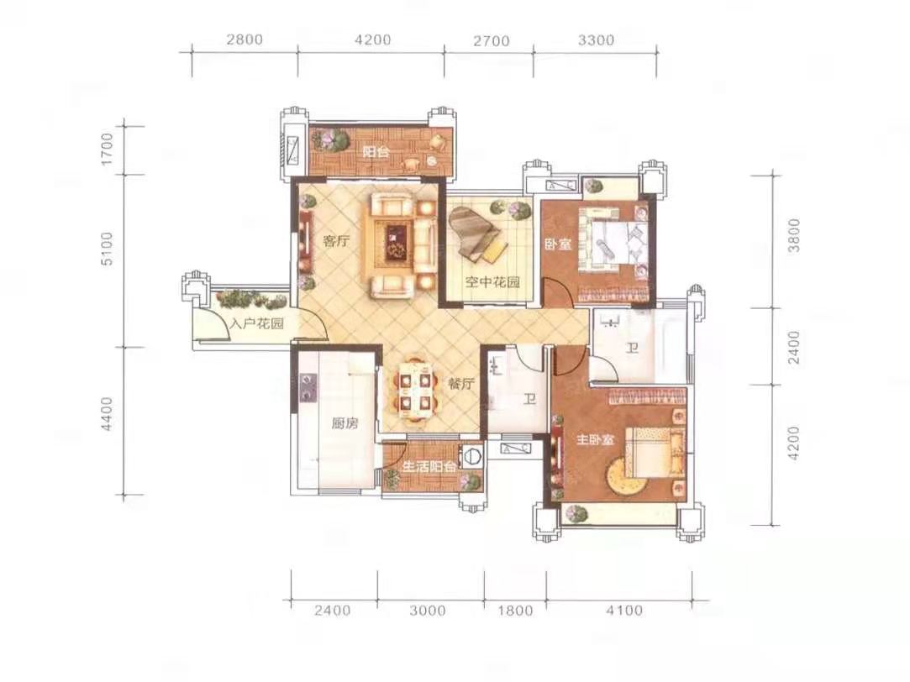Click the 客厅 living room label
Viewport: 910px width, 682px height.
pos(337,241)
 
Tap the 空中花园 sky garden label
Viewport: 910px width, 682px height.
pos(492,282)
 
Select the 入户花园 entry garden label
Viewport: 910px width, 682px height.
pos(256,323)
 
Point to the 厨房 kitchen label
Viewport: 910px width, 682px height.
pos(345,423)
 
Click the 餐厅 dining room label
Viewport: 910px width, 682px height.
pos(461,383)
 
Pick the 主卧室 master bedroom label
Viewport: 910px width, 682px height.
pos(595,440)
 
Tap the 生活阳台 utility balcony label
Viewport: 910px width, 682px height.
pos(429,467)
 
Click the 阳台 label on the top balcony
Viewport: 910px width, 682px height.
pos(376,152)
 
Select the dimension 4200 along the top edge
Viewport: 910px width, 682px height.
pos(372,40)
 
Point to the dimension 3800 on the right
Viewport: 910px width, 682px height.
pos(794,235)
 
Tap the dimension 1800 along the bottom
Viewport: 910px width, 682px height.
pos(515,610)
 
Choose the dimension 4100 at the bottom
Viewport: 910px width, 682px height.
pos(624,610)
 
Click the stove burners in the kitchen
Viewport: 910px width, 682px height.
pos(308,388)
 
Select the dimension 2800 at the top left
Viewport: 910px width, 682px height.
pos(245,40)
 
